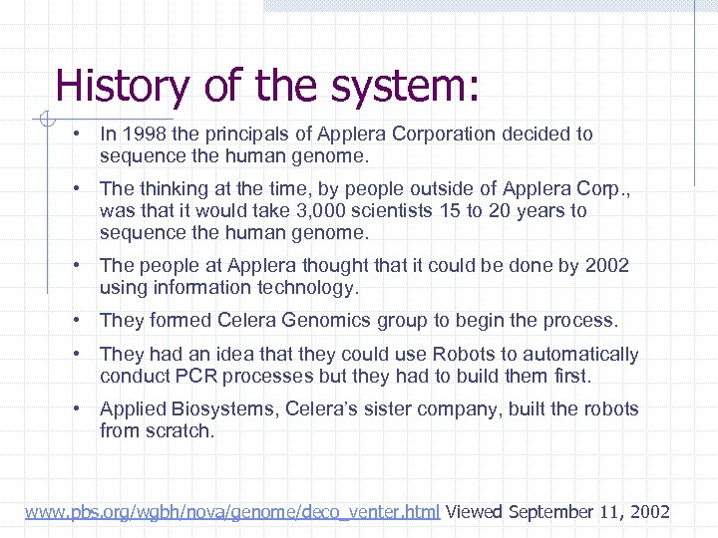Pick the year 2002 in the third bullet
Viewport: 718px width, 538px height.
(607, 265)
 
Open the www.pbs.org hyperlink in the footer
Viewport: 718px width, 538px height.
(232, 512)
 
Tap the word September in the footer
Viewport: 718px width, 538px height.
(553, 512)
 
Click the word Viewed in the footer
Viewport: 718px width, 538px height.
(474, 512)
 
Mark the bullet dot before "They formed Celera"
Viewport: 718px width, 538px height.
(76, 321)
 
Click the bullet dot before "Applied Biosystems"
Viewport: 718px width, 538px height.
(76, 408)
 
